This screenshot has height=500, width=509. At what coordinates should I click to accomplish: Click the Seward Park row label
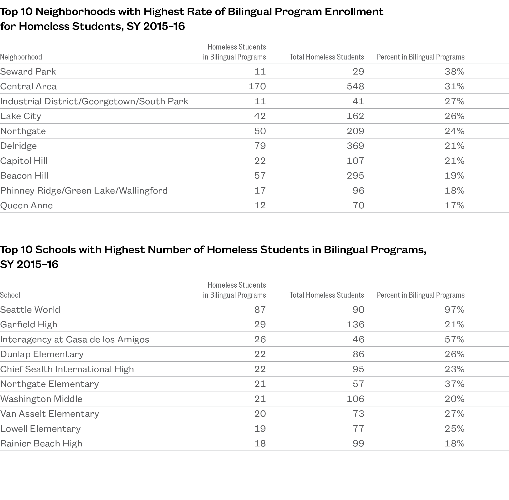pyautogui.click(x=28, y=71)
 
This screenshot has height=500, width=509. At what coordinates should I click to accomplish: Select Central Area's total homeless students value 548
pyautogui.click(x=355, y=86)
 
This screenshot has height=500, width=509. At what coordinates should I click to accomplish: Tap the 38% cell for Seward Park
pyautogui.click(x=454, y=71)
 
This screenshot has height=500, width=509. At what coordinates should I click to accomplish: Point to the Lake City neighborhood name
pyautogui.click(x=20, y=116)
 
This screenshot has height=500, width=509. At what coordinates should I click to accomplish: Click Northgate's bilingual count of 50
pyautogui.click(x=260, y=131)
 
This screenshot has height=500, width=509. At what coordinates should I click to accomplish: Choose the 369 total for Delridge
pyautogui.click(x=355, y=146)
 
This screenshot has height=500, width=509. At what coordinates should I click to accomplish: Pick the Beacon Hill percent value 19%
pyautogui.click(x=454, y=175)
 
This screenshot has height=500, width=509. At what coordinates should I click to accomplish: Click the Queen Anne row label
pyautogui.click(x=26, y=205)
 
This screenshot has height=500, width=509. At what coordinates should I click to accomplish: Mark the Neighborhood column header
pyautogui.click(x=21, y=57)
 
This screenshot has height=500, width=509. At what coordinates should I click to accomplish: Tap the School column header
pyautogui.click(x=10, y=295)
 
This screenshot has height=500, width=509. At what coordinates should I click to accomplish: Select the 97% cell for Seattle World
pyautogui.click(x=454, y=310)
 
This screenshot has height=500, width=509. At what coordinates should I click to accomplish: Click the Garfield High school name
pyautogui.click(x=29, y=325)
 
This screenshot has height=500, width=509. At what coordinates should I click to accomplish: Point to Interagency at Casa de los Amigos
pyautogui.click(x=75, y=340)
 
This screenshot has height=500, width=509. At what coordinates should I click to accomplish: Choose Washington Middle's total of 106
pyautogui.click(x=355, y=399)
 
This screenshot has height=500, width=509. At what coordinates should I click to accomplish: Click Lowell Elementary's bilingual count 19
pyautogui.click(x=260, y=429)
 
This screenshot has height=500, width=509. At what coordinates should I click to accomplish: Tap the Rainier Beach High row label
pyautogui.click(x=41, y=444)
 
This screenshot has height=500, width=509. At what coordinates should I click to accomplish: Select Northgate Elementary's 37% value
pyautogui.click(x=454, y=384)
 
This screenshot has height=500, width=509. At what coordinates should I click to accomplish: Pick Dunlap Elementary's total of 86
pyautogui.click(x=358, y=354)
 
